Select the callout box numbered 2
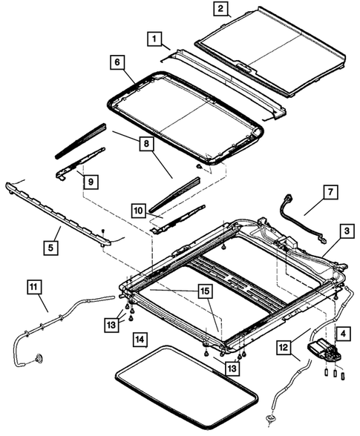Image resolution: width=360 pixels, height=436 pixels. [220, 10]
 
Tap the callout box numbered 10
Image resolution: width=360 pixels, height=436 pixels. [138, 210]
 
